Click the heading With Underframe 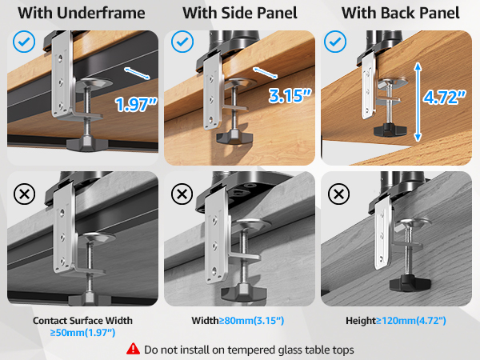78,14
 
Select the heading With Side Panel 239,14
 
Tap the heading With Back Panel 400,14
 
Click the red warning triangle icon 133,350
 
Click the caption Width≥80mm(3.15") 238,321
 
